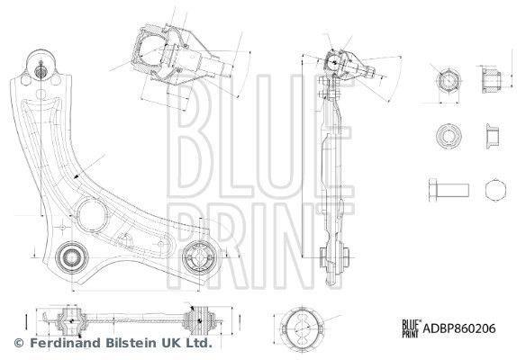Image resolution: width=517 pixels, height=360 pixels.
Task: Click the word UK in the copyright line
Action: [x=169, y=343]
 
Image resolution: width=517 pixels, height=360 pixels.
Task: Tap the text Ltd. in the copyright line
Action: [x=199, y=343]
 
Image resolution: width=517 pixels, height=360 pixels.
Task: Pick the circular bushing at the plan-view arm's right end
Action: [x=200, y=260]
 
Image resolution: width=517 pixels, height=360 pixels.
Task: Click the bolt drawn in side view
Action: [x=444, y=191]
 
